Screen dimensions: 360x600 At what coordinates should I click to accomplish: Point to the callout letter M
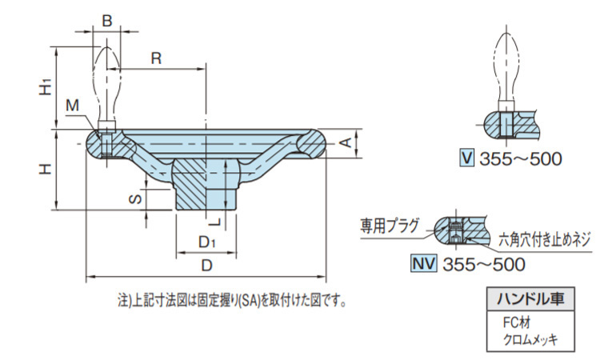click(73, 106)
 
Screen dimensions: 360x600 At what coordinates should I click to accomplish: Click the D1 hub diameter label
click(206, 242)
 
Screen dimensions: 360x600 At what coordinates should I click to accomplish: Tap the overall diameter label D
click(206, 264)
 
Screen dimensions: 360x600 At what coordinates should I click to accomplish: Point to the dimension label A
click(345, 142)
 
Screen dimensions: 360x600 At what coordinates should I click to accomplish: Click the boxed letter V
click(467, 158)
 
